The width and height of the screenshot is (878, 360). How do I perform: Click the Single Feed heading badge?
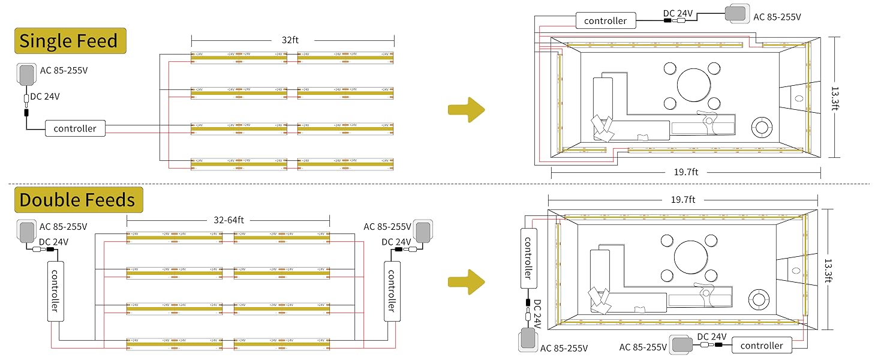pos(70,41)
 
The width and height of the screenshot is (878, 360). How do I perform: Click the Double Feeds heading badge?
pos(77,199)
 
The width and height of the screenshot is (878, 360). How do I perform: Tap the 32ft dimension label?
pos(290,40)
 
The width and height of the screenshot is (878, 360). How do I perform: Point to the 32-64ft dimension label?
pos(228,220)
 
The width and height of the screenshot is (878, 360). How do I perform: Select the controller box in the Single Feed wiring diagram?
pos(75,128)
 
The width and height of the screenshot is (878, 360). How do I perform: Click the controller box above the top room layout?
pos(605,20)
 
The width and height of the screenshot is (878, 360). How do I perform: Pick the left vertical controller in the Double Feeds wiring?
pos(55,290)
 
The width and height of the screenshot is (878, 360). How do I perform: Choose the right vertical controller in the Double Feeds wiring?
pos(392,290)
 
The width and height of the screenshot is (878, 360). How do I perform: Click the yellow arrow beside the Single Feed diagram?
pos(466,109)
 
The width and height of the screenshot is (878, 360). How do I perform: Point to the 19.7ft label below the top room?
pos(686,172)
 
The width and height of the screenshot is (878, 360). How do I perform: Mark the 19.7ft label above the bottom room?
pos(682,199)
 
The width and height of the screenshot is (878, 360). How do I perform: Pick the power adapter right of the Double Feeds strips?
pos(424,230)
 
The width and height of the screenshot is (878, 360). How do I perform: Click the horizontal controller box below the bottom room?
pos(762,345)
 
